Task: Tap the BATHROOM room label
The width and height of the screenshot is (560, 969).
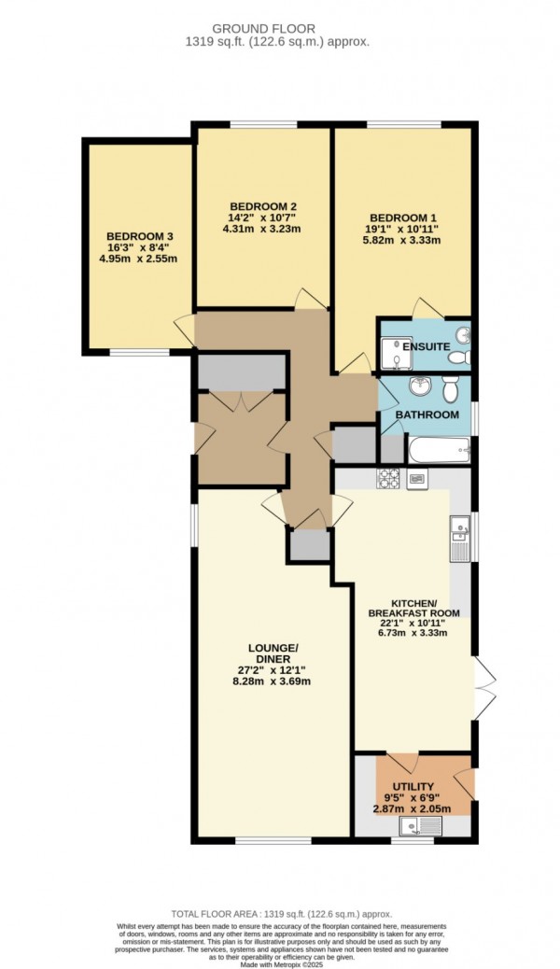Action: point(427,414)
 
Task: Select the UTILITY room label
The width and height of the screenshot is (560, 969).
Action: point(414,787)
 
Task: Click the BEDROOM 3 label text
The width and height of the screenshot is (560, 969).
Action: point(140,236)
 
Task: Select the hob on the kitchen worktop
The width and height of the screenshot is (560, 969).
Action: point(387,479)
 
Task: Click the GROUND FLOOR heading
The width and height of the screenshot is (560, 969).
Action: point(279,29)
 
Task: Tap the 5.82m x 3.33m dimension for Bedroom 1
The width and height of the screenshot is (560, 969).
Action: point(403,240)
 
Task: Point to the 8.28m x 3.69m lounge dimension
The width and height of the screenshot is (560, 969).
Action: point(272,681)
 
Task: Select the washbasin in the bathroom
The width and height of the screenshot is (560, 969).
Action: point(420,386)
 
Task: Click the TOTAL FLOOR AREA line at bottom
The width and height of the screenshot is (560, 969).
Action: point(279,912)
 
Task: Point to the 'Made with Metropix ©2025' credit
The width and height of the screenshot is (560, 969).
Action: point(279,962)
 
